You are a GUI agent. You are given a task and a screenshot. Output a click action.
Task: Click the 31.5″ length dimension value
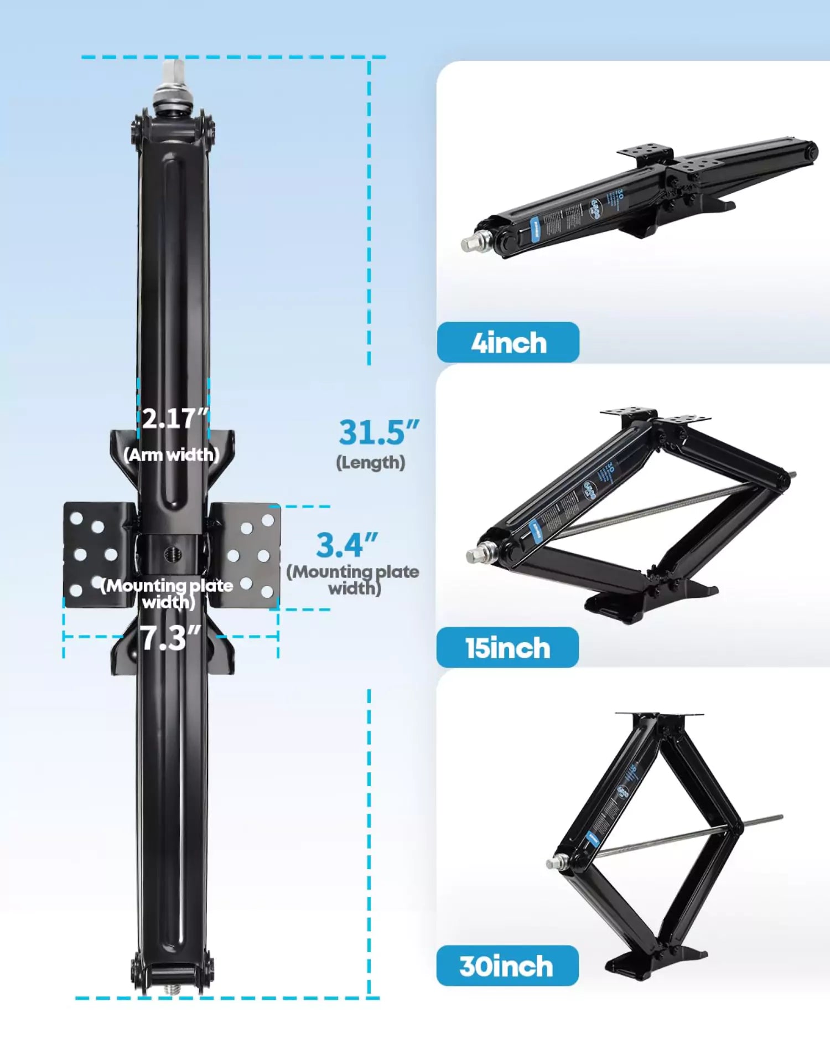[x=378, y=432]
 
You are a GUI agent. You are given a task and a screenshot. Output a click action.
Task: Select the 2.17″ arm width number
[x=175, y=419]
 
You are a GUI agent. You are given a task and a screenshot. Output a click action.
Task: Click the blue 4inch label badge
[x=508, y=343]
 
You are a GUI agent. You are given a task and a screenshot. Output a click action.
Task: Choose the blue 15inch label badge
[x=507, y=648]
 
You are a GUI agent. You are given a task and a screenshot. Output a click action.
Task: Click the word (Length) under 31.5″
[x=371, y=463]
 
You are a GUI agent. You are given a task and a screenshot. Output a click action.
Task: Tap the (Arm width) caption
[x=172, y=455]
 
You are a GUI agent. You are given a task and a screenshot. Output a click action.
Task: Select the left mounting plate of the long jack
[x=98, y=554]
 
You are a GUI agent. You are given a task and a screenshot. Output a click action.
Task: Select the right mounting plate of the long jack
[x=247, y=554]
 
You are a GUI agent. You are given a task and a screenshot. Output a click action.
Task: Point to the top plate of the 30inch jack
[x=658, y=715]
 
